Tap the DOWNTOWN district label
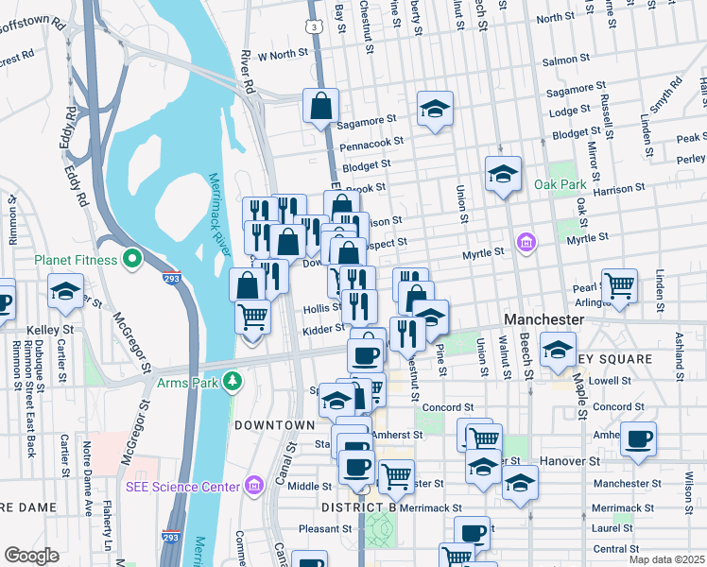(274, 425)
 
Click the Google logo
(31, 556)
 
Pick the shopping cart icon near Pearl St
(619, 284)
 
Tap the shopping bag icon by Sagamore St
(320, 106)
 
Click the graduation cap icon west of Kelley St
(65, 290)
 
